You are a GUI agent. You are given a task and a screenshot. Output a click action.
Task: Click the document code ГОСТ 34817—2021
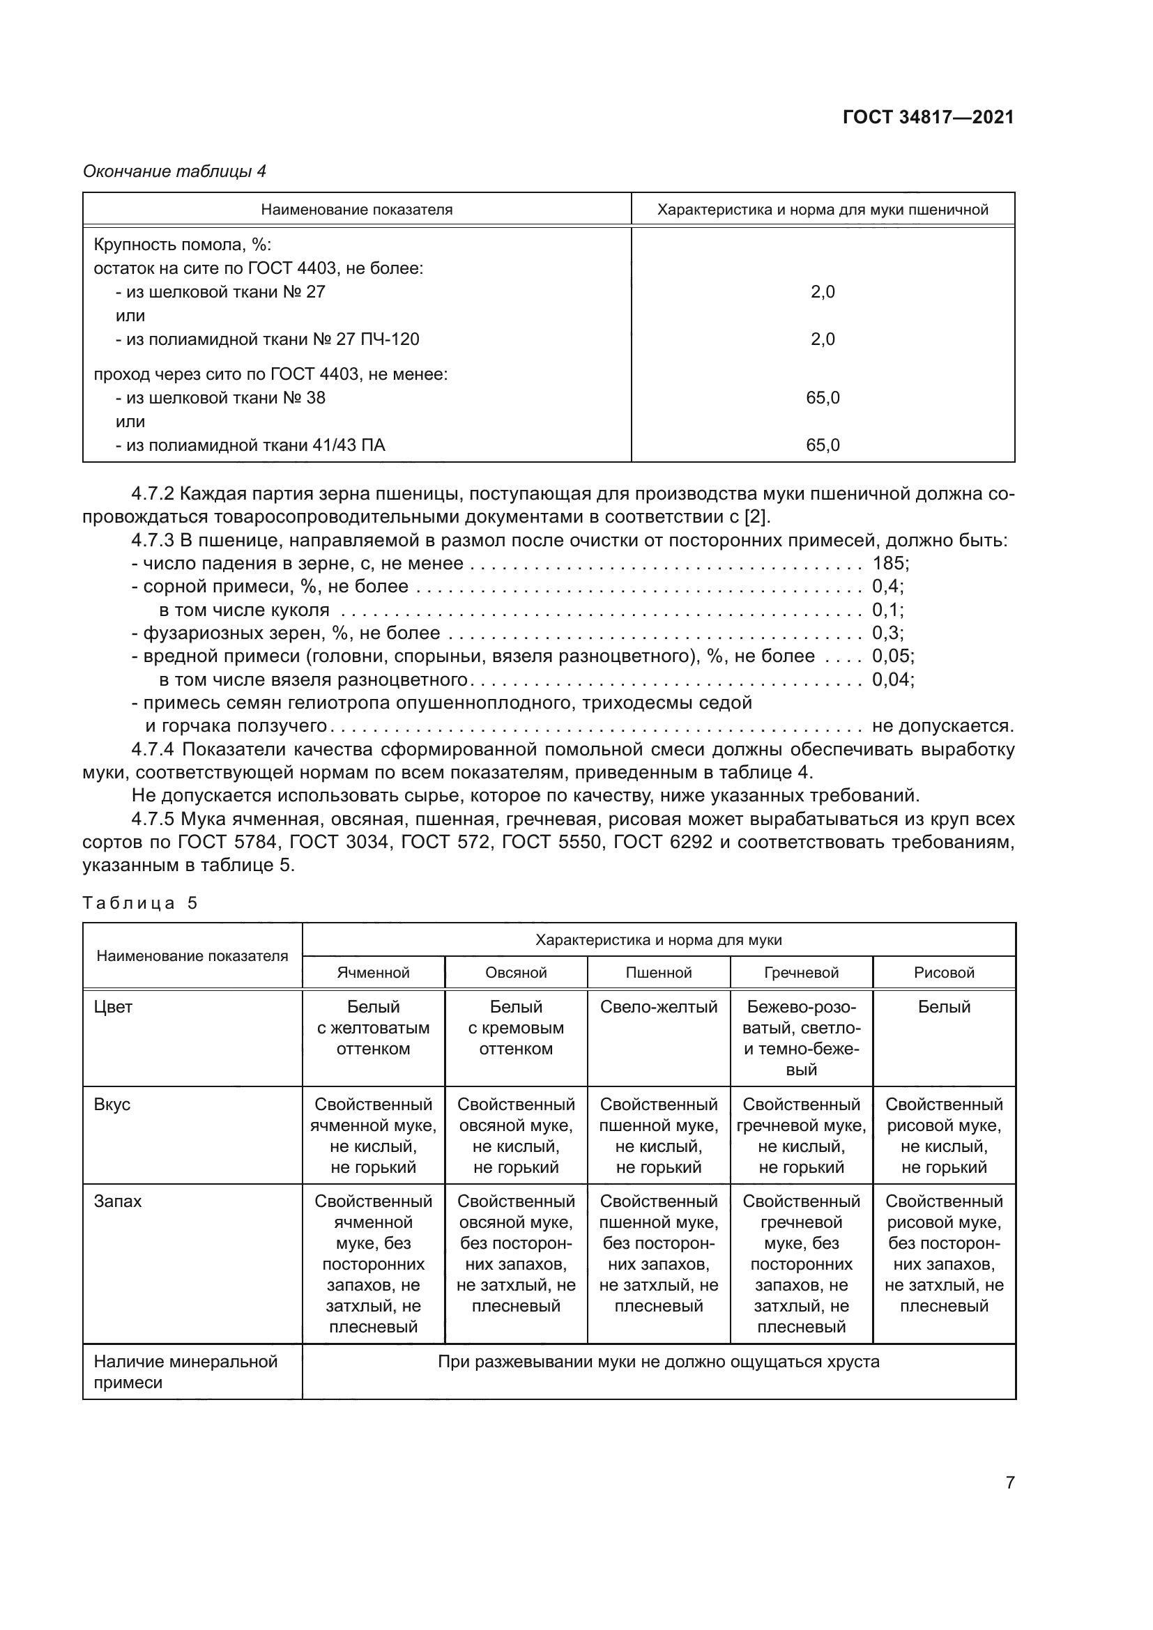click(x=928, y=117)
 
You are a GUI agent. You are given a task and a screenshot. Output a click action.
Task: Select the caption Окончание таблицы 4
click(x=175, y=171)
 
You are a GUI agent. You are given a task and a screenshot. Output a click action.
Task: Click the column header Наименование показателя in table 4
click(x=356, y=210)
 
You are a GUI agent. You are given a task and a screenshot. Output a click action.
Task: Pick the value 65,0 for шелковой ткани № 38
click(x=822, y=397)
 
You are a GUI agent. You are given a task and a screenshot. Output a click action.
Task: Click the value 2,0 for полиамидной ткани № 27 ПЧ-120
click(x=822, y=339)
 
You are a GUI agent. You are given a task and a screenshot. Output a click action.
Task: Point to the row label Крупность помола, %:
click(x=183, y=245)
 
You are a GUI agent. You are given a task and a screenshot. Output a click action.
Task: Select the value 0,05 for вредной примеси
click(x=891, y=656)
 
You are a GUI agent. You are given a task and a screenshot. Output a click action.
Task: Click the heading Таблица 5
click(x=140, y=903)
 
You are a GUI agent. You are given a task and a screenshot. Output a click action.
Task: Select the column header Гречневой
click(x=801, y=973)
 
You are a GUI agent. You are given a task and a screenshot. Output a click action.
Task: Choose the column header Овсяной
click(x=515, y=973)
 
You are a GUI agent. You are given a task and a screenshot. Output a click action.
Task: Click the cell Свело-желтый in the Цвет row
click(x=658, y=1007)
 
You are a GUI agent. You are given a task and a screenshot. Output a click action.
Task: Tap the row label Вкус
click(x=112, y=1105)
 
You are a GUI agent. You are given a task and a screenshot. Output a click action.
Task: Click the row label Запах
click(x=117, y=1201)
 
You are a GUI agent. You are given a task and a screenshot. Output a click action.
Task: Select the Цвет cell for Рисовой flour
click(x=944, y=1007)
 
